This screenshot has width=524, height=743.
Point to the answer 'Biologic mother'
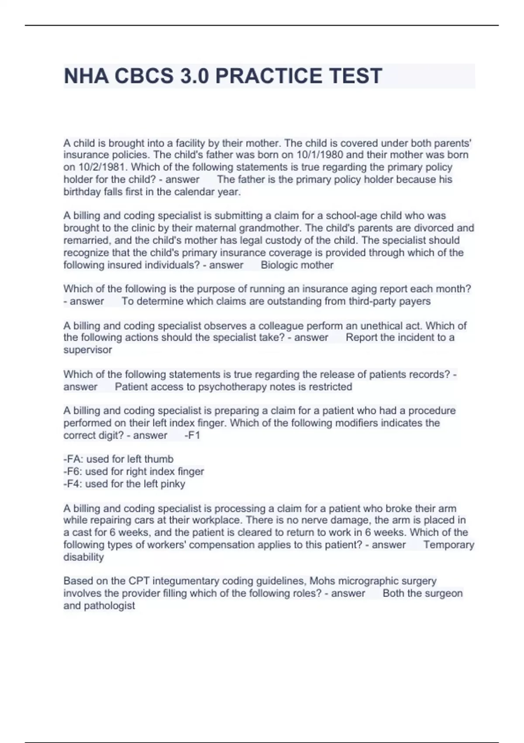point(297,265)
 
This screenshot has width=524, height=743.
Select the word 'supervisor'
point(88,350)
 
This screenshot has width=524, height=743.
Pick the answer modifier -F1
point(192,435)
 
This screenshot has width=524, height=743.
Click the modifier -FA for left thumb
point(73,459)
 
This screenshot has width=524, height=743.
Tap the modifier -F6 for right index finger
point(73,472)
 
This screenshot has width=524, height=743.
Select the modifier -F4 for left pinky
point(73,484)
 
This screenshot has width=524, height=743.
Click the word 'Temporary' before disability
point(448,545)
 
